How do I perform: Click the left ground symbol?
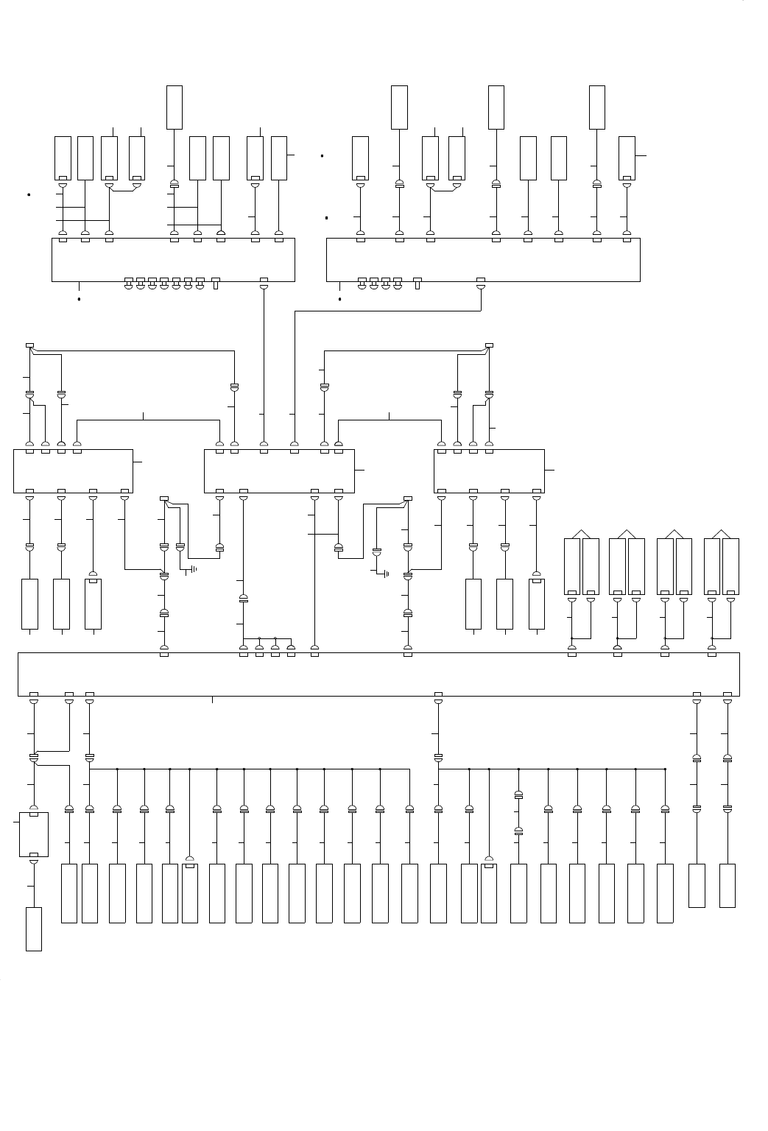point(193,569)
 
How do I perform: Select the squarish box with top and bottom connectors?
point(33,834)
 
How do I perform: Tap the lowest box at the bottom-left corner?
point(33,929)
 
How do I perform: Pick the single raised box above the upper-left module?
point(174,108)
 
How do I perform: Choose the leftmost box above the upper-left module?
point(63,158)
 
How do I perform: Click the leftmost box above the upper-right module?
point(360,158)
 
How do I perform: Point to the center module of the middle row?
point(279,471)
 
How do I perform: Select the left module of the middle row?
point(73,471)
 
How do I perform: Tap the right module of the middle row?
point(489,471)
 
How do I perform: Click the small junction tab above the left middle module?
point(29,345)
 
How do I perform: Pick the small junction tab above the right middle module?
point(489,345)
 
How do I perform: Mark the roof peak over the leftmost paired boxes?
point(581,530)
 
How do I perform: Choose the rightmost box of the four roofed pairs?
point(730,566)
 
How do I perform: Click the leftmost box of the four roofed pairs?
point(572,566)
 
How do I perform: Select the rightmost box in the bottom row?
point(727,885)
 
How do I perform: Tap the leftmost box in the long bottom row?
point(68,893)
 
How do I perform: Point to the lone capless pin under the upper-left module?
point(216,282)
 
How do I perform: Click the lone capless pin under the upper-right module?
point(417,282)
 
